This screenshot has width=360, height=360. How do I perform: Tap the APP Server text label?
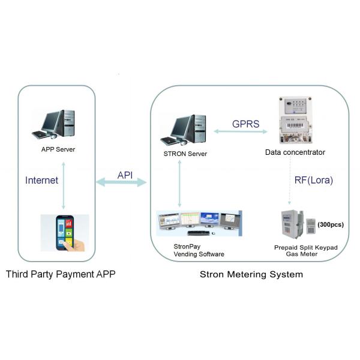coord(58,149)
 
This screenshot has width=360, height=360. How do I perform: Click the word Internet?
coord(41,179)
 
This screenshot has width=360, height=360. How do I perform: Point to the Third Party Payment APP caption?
coord(61,275)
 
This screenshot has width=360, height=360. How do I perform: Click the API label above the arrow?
coord(125,175)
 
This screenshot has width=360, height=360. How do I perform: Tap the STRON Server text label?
coord(185,154)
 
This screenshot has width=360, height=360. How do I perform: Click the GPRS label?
coord(247,124)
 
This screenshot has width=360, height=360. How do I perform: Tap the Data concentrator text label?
coord(295,152)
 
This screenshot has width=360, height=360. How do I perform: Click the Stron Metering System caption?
coord(251,275)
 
